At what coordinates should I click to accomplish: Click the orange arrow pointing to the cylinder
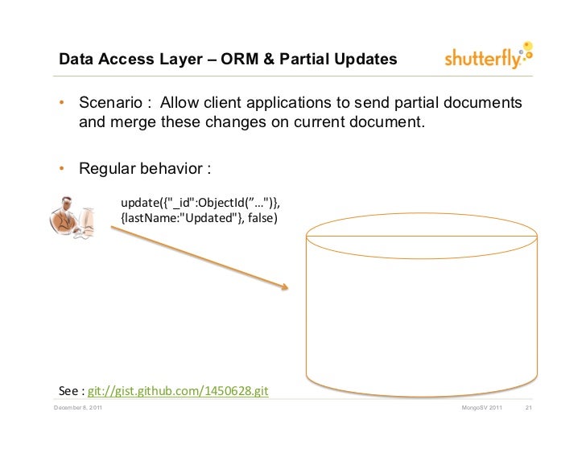click(x=199, y=257)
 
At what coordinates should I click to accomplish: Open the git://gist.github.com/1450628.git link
click(x=176, y=392)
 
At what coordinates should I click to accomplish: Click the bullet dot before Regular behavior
click(x=60, y=170)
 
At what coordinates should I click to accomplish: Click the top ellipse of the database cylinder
click(x=423, y=236)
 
